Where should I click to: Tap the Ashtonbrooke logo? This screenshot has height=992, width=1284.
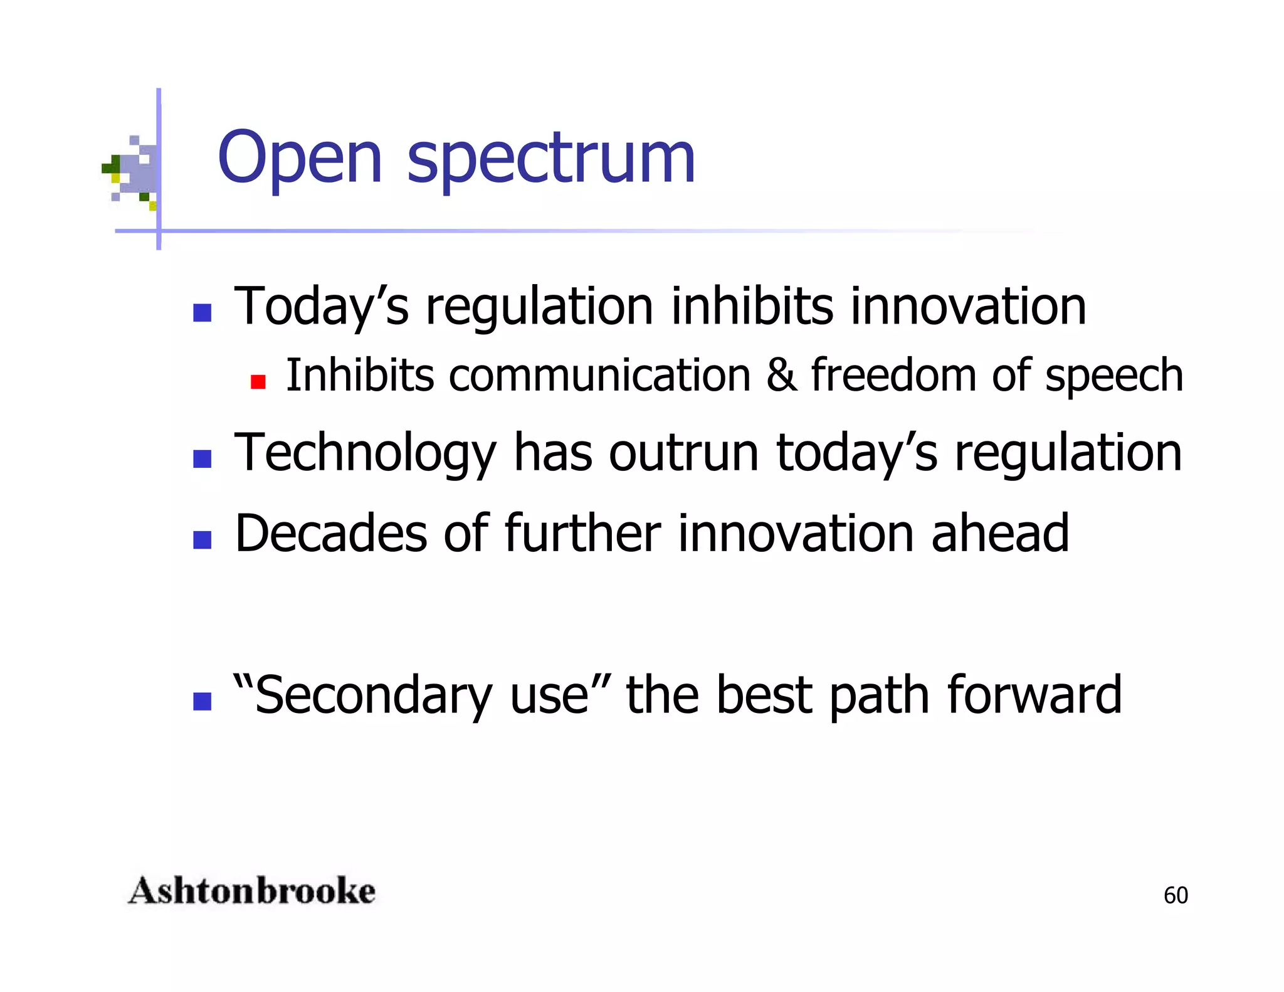(x=251, y=891)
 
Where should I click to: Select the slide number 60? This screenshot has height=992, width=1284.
(x=1176, y=895)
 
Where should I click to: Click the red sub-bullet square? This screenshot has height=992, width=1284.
(x=258, y=381)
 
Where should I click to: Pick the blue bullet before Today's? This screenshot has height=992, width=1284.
(x=202, y=312)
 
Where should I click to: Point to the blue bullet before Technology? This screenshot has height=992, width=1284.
(x=202, y=459)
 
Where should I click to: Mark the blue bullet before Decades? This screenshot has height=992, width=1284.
(x=202, y=539)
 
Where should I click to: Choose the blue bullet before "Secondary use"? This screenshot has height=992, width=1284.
(x=202, y=701)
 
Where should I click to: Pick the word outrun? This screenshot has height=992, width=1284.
(x=683, y=454)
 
